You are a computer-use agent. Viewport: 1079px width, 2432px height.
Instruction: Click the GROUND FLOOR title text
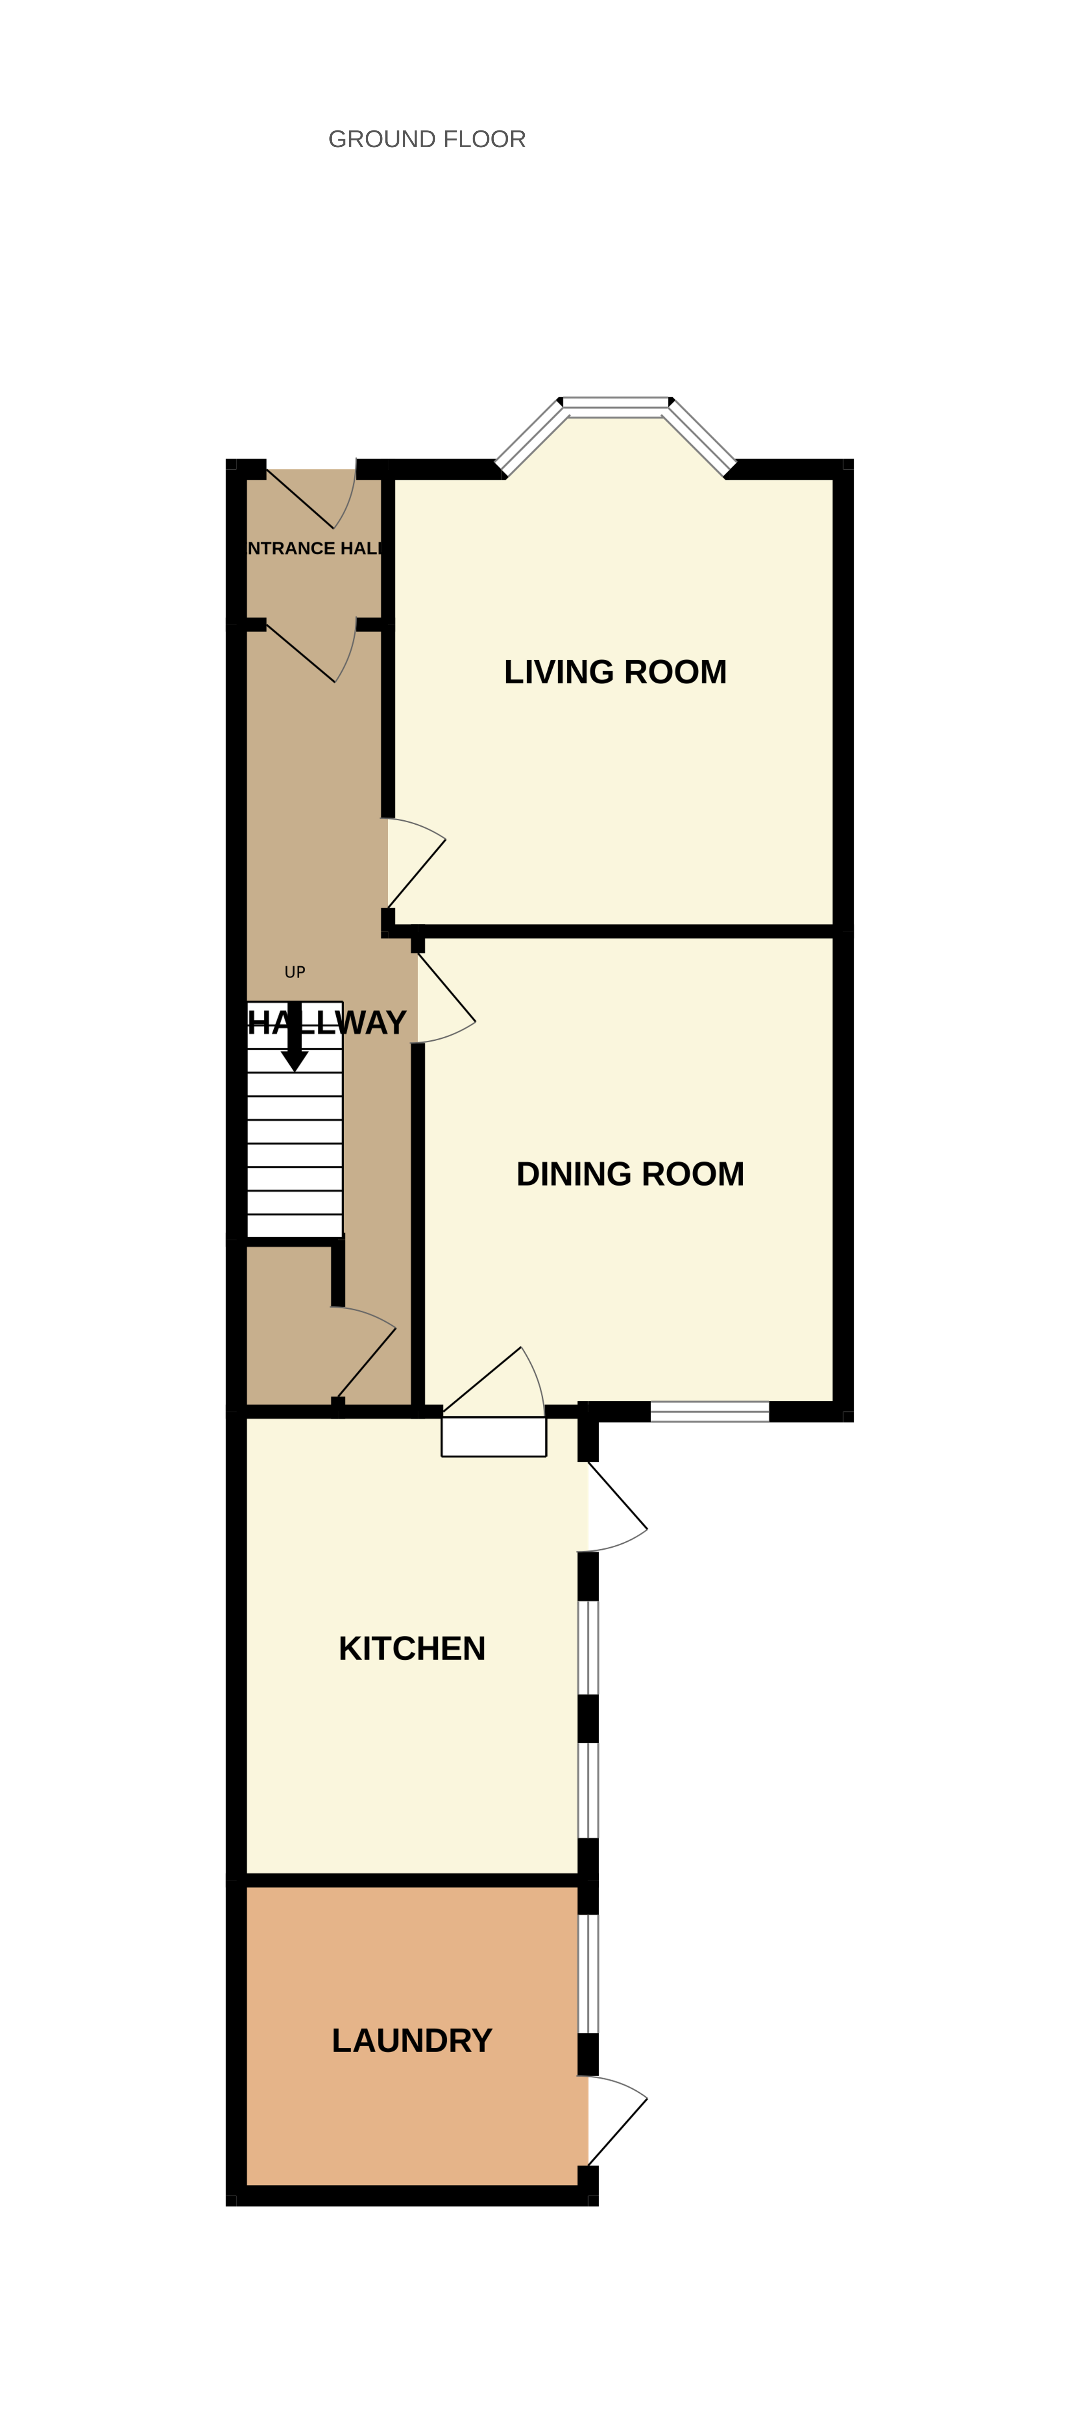coord(427,140)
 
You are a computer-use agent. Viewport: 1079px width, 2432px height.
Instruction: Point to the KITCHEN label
coord(411,1649)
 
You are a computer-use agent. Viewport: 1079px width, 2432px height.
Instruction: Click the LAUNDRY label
coord(411,2040)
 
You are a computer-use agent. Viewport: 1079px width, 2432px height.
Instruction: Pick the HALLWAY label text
coord(327,1022)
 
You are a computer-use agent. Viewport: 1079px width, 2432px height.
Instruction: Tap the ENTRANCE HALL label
coord(314,549)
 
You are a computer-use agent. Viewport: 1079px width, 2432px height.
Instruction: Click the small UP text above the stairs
coord(295,972)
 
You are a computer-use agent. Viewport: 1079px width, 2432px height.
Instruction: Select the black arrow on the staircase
coord(295,1043)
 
